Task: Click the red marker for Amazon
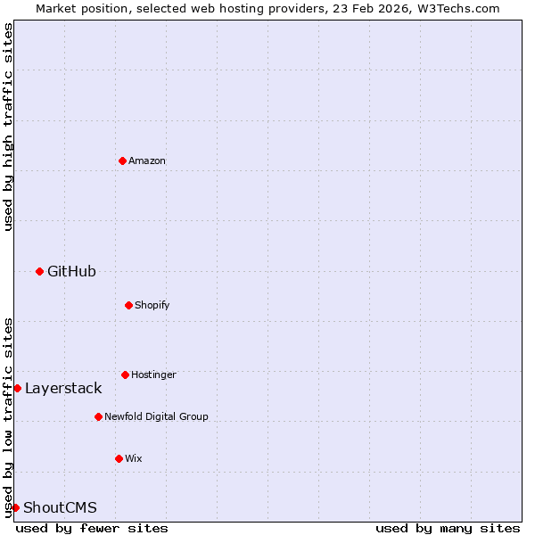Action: tap(122, 160)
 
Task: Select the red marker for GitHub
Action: tap(39, 271)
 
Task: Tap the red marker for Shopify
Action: tap(128, 305)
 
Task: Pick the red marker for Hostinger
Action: tap(125, 374)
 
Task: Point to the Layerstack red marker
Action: tap(17, 388)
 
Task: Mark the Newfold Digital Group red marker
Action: tap(98, 416)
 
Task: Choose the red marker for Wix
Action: tap(119, 458)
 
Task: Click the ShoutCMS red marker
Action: tap(15, 507)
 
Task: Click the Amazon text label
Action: tap(147, 160)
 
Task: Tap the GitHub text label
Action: tap(71, 271)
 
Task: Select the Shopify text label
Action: tap(152, 305)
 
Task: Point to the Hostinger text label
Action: tap(153, 374)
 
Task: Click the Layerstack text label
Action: tap(63, 388)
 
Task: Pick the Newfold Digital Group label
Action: tap(156, 416)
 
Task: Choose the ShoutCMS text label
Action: tap(60, 507)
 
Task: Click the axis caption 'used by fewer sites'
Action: tap(92, 528)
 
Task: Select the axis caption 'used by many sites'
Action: tap(448, 528)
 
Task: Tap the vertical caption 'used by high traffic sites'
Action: tap(8, 127)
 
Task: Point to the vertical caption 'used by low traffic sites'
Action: tap(8, 416)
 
